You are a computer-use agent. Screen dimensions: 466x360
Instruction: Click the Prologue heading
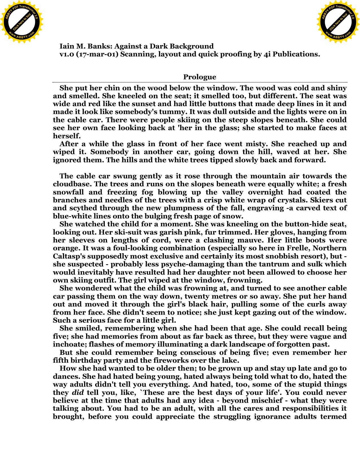coord(200,77)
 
